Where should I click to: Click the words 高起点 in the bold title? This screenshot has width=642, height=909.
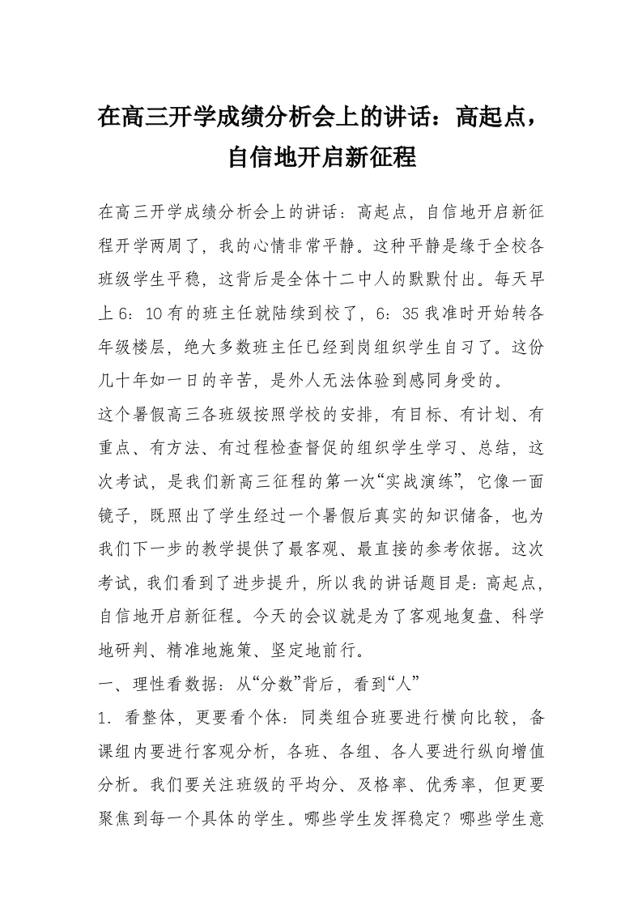(484, 119)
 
